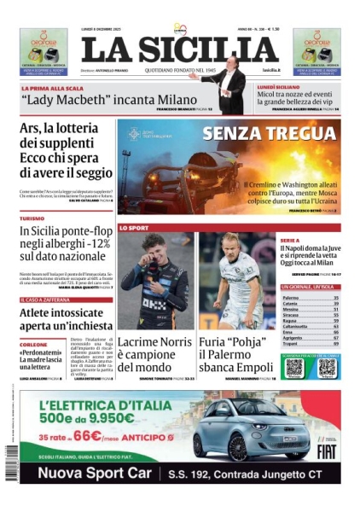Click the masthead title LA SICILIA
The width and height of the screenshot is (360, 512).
(168, 49)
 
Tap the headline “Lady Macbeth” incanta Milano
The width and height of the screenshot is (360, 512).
(108, 100)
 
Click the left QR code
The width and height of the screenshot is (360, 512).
(294, 368)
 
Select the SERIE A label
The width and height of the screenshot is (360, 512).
(289, 241)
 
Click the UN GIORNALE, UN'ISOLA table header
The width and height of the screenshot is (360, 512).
(307, 288)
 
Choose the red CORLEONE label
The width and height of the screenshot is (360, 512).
(34, 344)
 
